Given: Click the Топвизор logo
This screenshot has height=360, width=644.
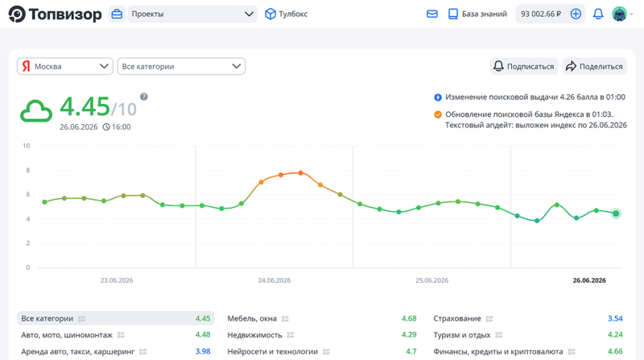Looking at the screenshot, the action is pos(55,14).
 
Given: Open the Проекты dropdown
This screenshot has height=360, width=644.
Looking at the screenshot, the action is pos(192,14).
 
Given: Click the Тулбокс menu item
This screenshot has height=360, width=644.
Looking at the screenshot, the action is pos(287,14).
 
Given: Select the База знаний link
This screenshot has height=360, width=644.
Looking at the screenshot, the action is pos(477,14).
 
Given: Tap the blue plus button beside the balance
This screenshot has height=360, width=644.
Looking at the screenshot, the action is pos(576,14).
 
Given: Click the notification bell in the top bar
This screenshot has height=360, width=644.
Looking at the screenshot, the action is pos(598,14).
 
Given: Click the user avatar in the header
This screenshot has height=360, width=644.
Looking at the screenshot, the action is pos(619,14).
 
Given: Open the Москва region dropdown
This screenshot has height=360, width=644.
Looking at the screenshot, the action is pos(65,66).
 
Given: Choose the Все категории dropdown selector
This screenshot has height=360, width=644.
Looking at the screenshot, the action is pos(181,66).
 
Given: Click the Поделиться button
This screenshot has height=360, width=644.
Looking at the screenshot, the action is pos(595,66).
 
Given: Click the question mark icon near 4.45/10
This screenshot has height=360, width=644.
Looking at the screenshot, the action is pos(144,97).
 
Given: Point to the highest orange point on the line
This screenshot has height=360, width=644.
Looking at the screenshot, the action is pos(300,173).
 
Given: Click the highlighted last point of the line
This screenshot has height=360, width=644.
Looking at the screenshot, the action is pos(616,213).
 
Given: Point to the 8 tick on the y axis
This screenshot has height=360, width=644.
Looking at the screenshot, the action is pos(28,170).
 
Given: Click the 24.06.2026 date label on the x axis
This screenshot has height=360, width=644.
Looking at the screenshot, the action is pos(274,280).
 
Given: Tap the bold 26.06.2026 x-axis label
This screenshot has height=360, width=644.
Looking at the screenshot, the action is pos(589,280).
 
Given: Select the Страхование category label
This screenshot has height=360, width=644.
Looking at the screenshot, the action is pos(457,318).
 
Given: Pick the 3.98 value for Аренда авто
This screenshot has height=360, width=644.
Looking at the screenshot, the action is pos(203,351).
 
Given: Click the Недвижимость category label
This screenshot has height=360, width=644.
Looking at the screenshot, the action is pos(254,335).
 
